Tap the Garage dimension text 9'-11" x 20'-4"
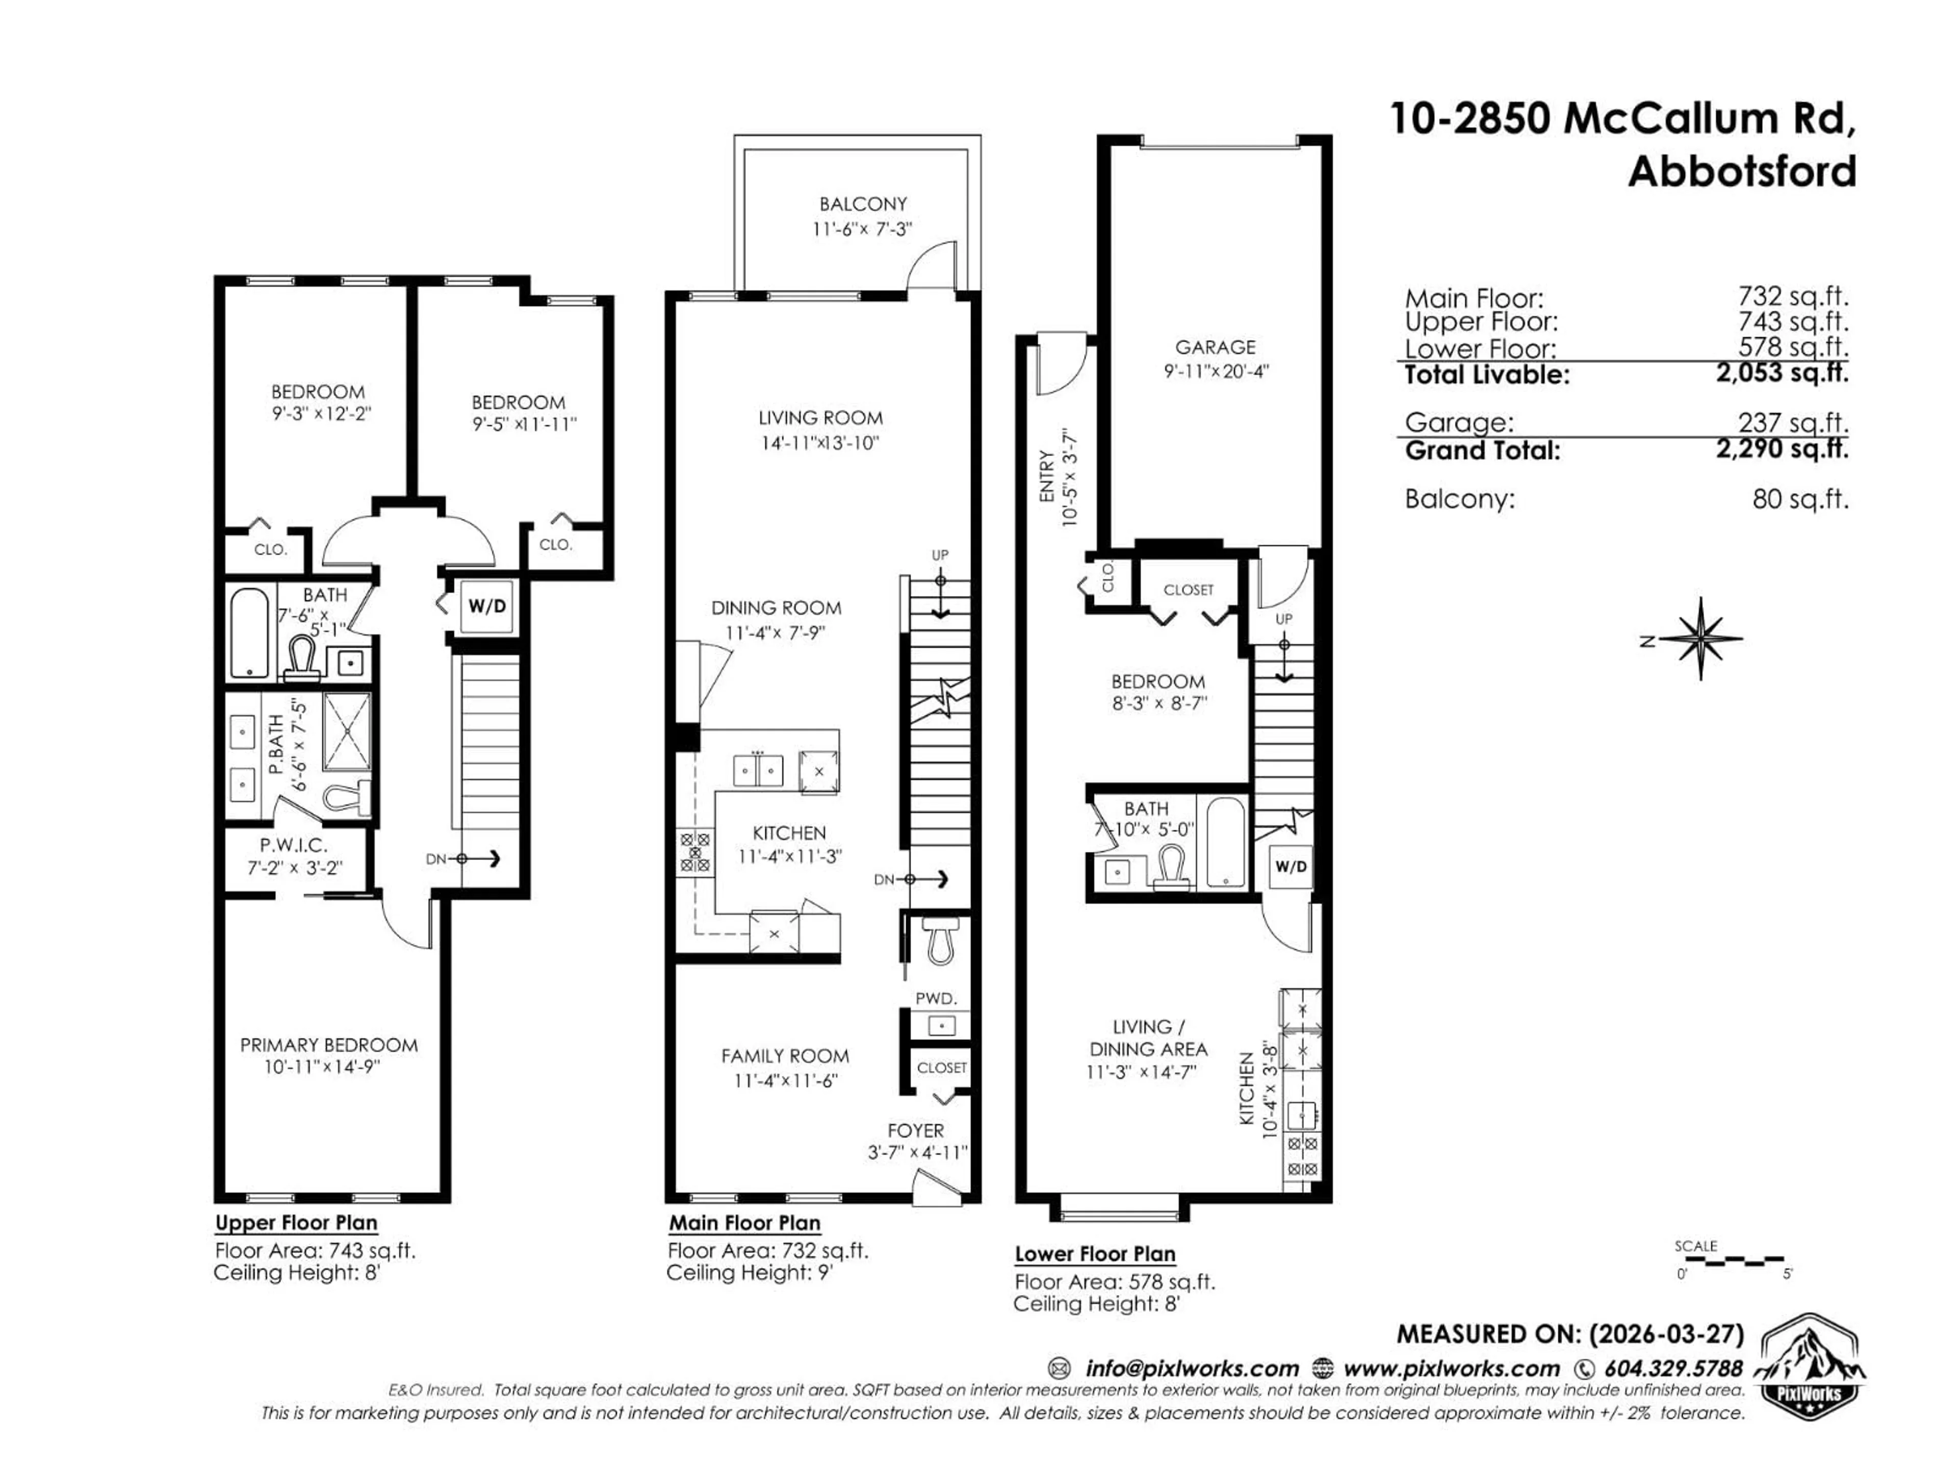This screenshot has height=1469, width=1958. [1216, 371]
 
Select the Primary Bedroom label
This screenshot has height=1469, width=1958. [328, 1045]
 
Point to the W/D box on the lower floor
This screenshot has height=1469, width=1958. [1290, 867]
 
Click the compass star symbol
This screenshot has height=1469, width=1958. [1701, 639]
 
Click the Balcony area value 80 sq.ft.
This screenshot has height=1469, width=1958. [1799, 499]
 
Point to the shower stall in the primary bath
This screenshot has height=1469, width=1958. [347, 731]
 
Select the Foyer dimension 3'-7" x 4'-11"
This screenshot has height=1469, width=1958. [917, 1153]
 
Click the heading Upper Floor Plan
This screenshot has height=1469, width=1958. [297, 1223]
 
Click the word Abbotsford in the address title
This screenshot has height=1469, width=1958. [1741, 171]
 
